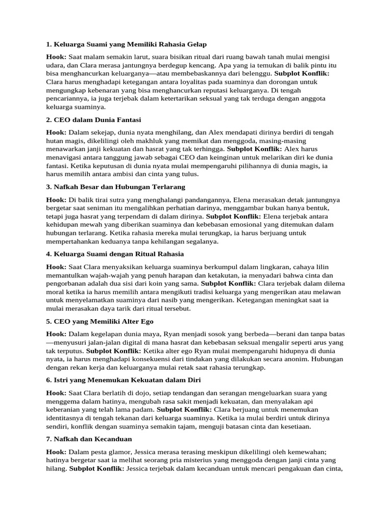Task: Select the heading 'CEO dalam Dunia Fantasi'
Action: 93,120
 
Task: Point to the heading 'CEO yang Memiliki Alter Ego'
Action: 100,321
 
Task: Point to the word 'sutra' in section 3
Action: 115,200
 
